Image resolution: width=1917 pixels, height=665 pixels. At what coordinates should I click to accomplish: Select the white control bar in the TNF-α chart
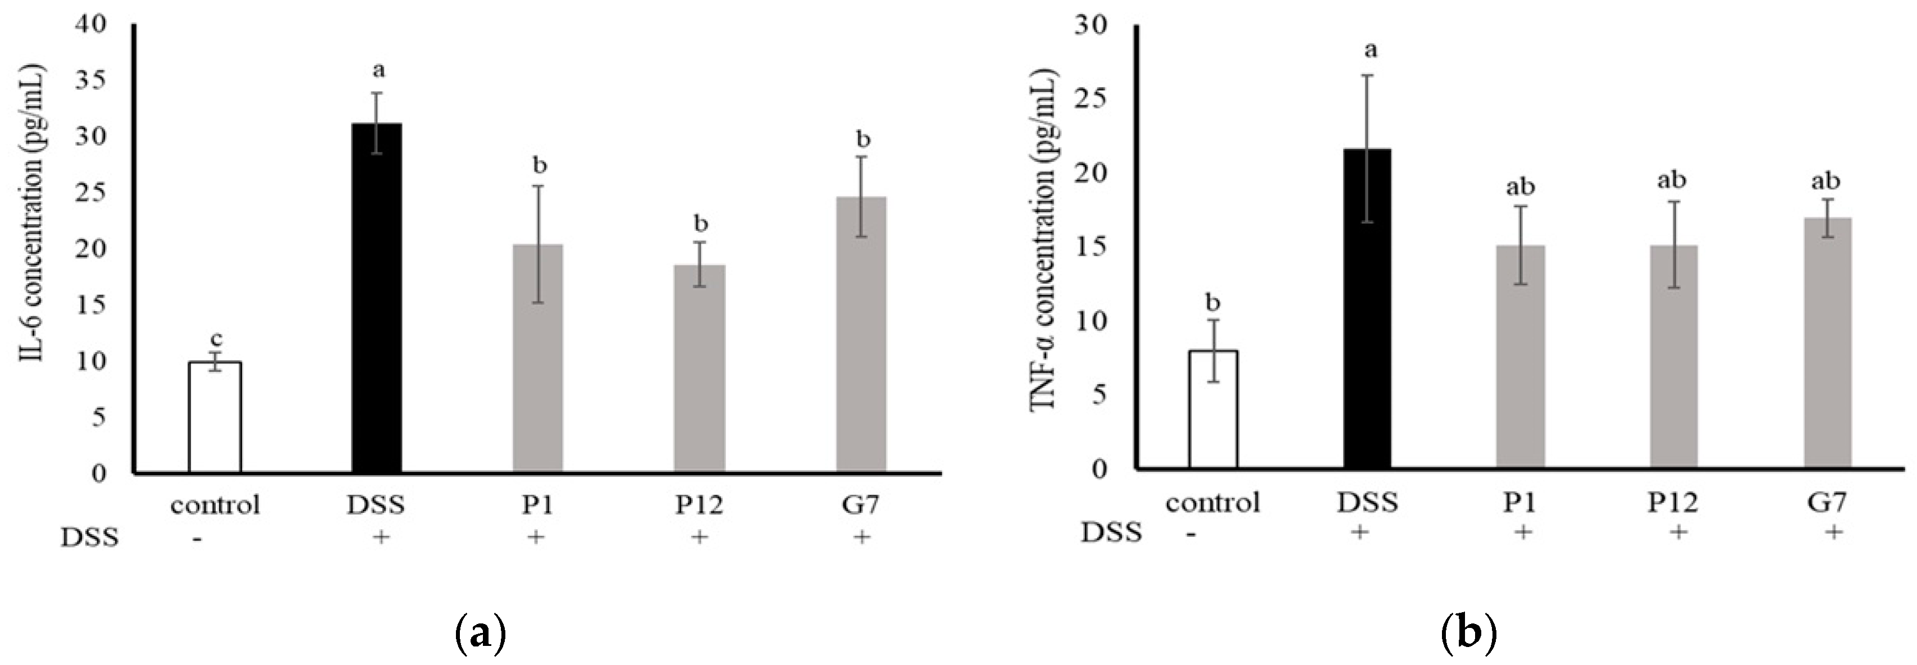tap(1212, 409)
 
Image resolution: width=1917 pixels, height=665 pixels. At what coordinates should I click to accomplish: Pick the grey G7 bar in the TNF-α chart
tap(1827, 343)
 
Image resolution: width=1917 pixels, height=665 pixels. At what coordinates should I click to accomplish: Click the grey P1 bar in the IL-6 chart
tap(538, 357)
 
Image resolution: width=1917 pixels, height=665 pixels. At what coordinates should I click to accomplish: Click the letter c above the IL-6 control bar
tap(215, 339)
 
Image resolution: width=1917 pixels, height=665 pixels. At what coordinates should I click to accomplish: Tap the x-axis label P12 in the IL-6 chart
tap(699, 505)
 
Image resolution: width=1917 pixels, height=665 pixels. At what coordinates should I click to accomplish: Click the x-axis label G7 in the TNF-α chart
tap(1827, 503)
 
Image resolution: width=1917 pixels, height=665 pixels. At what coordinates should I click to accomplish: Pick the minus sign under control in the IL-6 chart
tap(196, 538)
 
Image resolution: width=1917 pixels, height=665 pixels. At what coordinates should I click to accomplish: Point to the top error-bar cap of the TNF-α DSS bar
tap(1368, 75)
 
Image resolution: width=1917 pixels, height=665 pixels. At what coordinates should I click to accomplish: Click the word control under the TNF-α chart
tap(1212, 503)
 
